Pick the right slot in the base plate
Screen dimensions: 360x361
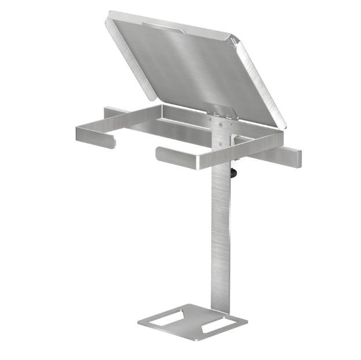[x=214, y=326]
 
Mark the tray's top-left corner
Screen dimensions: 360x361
[x=110, y=14]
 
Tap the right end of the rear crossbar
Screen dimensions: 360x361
[x=296, y=158]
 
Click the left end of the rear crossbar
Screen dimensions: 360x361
[x=108, y=111]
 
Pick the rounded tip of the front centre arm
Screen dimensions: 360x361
[x=159, y=154]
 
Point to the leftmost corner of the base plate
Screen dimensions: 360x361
[x=139, y=322]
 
